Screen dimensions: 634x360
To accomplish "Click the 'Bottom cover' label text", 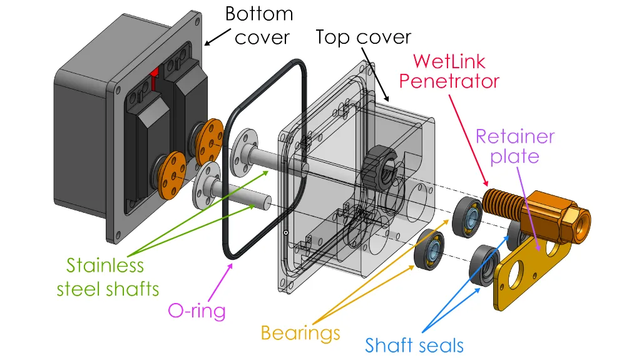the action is [258, 26].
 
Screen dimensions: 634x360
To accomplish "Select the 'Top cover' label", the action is [363, 37].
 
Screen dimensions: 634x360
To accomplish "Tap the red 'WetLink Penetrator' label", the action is [449, 71].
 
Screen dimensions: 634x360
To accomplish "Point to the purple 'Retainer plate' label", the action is [514, 146].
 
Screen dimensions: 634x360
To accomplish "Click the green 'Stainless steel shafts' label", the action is [108, 277].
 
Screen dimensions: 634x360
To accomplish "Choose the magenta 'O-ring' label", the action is [197, 311].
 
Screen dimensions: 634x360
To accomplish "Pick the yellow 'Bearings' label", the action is [300, 333].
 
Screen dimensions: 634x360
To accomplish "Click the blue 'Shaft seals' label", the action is [414, 346].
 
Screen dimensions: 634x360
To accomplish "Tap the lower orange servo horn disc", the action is [172, 175].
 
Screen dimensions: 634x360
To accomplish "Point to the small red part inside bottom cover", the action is [154, 78].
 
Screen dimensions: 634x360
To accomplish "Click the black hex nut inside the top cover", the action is [379, 167].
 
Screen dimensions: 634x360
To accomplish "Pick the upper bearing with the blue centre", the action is [468, 217].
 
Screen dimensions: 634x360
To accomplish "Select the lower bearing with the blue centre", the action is [429, 250].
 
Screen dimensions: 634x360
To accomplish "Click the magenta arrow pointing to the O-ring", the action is [220, 282].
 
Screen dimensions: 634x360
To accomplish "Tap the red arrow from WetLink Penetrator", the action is [468, 141].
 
